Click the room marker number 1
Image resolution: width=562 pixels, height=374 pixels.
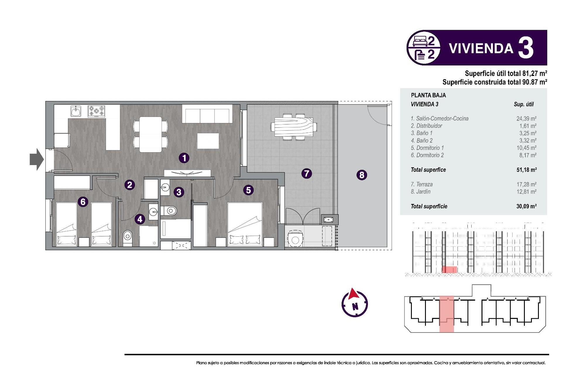184,158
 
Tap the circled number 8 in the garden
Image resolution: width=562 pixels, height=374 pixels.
362,175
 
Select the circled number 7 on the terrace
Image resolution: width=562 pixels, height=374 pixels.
306,174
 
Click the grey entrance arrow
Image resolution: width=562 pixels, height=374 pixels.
37,159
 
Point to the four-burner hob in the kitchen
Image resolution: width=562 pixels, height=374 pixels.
97,111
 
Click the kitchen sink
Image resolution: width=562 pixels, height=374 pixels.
76,111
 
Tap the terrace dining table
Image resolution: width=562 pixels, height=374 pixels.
294,127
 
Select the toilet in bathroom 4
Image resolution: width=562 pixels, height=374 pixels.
127,236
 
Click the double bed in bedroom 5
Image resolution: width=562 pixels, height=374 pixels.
245,224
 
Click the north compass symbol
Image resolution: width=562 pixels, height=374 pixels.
354,303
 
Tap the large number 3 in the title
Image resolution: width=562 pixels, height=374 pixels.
526,48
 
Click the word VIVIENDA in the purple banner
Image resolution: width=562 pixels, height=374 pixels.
481,49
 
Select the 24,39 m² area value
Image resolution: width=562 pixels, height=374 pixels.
526,119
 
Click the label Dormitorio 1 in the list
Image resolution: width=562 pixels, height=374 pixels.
427,148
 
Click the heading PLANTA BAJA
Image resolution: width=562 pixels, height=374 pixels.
428,95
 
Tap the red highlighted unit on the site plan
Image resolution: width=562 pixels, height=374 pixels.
447,314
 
